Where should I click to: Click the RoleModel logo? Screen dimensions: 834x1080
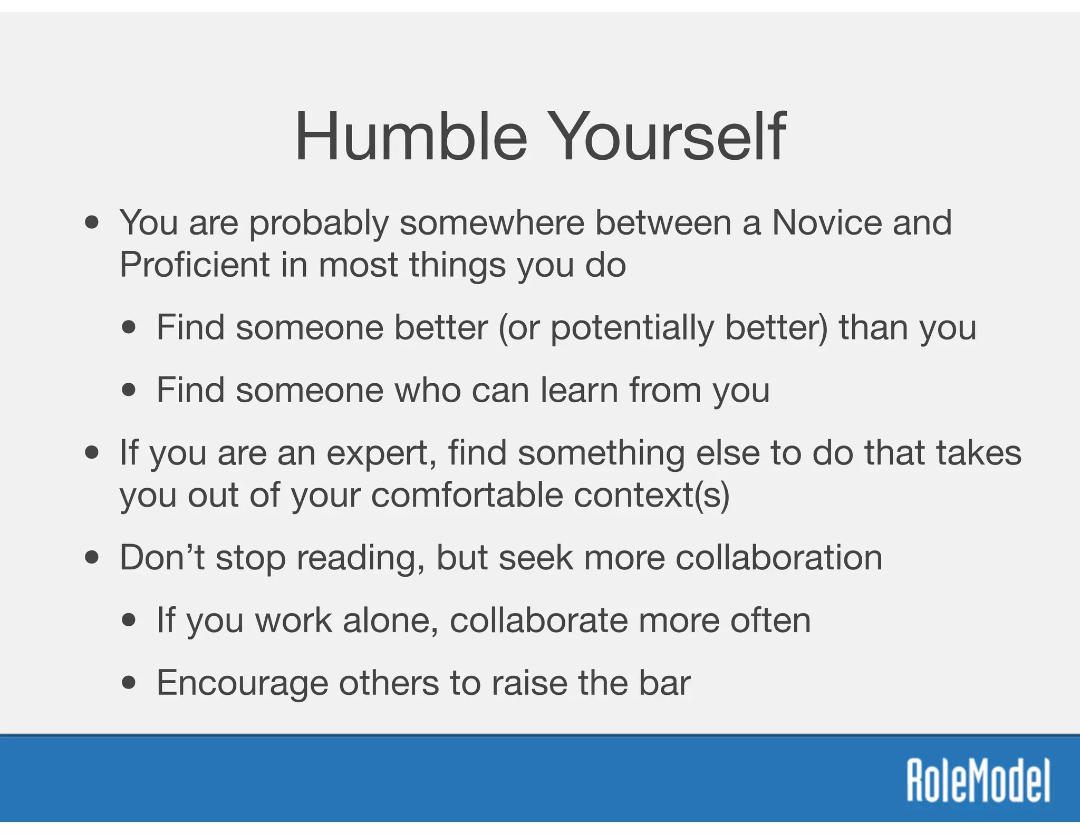point(978,781)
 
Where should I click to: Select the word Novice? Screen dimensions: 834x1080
point(826,222)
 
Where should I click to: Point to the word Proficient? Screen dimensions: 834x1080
point(194,264)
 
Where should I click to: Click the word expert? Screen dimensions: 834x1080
point(381,454)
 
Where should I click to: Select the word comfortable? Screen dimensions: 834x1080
point(467,496)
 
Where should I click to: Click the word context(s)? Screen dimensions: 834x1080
point(651,496)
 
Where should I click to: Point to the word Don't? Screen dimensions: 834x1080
point(162,557)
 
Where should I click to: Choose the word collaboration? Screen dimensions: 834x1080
point(778,557)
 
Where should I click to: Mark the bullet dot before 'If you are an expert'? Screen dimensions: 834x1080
point(92,453)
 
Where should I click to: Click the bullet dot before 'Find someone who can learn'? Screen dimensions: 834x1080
point(128,391)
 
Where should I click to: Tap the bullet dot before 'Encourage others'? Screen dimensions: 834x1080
point(128,683)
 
